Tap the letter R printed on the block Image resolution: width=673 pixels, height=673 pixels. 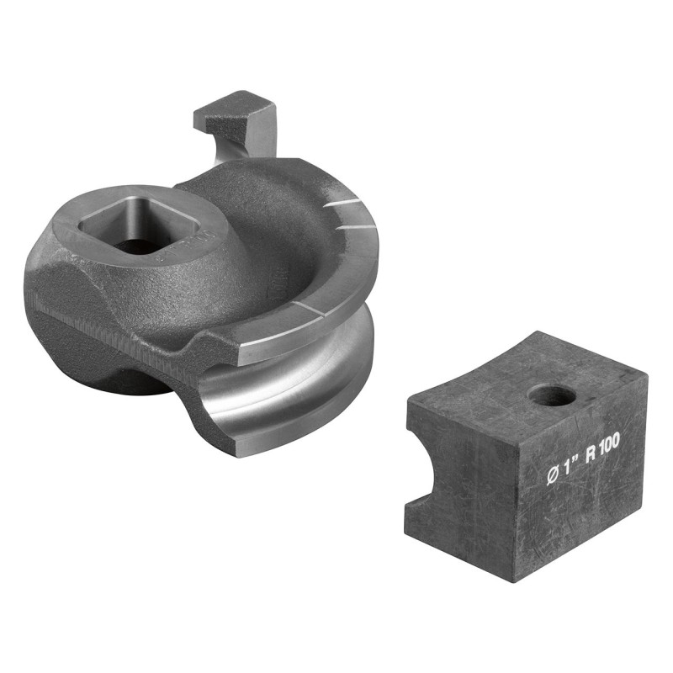coord(591,455)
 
